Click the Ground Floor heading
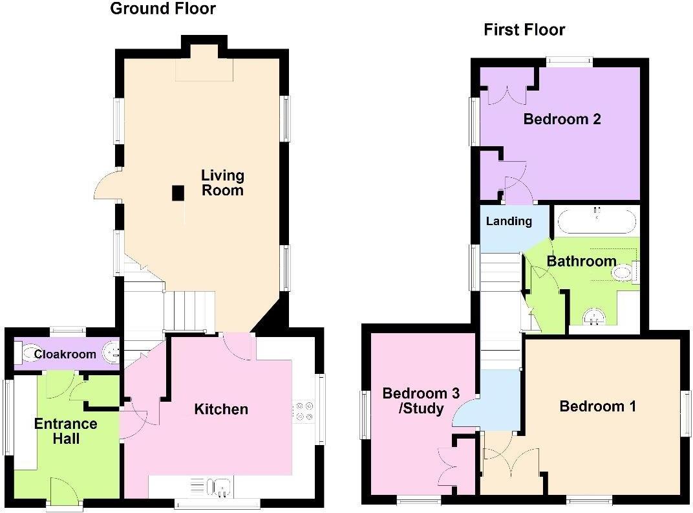click(x=163, y=9)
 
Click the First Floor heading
click(x=524, y=30)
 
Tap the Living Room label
click(x=222, y=182)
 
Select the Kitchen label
click(x=221, y=409)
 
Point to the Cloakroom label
click(x=65, y=354)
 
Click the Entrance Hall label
click(x=66, y=431)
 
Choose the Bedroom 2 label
click(x=562, y=119)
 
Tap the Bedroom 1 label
click(x=597, y=406)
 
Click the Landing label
click(x=509, y=221)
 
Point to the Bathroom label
click(x=581, y=261)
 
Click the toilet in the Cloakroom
click(x=30, y=353)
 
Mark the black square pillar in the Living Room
click(x=177, y=193)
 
